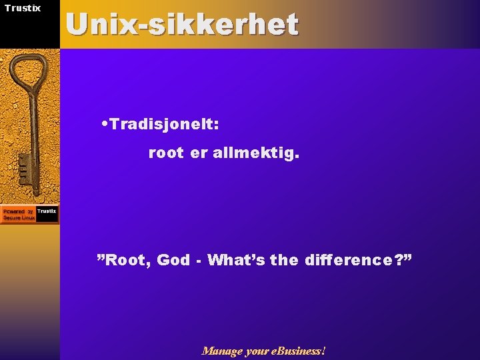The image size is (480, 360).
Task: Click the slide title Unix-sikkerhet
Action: pos(182,25)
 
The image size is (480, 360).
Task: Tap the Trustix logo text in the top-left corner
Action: pos(23,8)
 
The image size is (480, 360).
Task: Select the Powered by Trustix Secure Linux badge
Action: pos(29,214)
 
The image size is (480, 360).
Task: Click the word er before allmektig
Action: pos(199,154)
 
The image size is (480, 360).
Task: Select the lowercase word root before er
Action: pos(165,154)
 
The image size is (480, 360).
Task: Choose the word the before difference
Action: pos(285,260)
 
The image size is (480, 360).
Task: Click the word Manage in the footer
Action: pos(222,351)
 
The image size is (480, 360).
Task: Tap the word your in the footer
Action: pos(257,351)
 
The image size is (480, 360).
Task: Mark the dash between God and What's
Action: pos(199,261)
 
